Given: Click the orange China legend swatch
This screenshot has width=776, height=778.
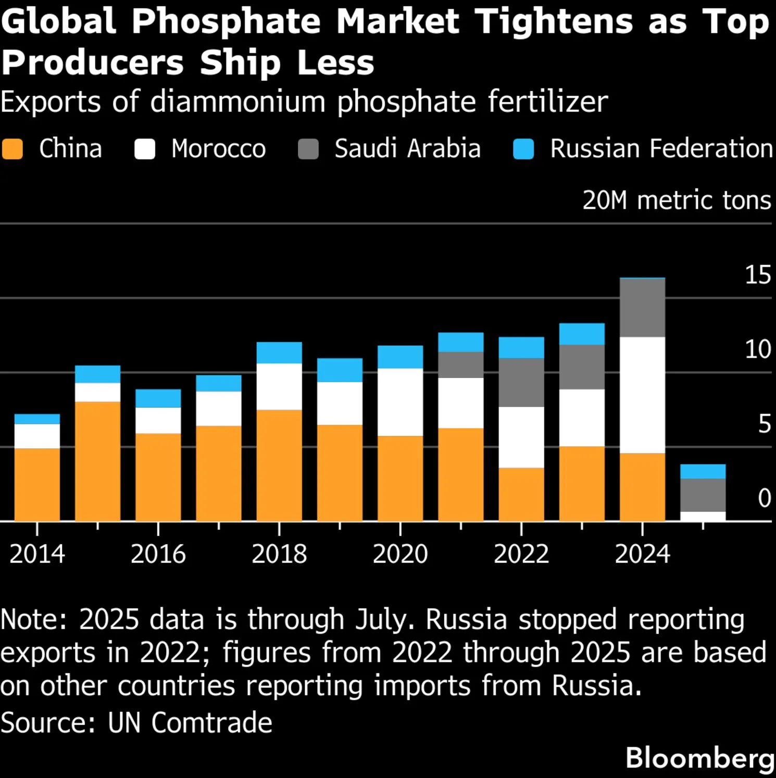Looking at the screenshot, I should pos(12,149).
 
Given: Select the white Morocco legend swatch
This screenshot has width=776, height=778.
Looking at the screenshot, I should pos(145,149).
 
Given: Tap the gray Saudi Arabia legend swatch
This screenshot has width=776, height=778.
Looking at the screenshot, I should pos(308,149).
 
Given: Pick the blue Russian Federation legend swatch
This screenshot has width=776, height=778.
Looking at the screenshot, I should pos(523,149).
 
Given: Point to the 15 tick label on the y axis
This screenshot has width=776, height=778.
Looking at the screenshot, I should pos(757,275).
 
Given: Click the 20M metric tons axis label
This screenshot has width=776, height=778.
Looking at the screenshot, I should pos(677,200).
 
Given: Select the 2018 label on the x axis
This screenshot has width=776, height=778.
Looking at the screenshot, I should pos(279,554).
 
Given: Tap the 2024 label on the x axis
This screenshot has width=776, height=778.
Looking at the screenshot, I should pos(642,554).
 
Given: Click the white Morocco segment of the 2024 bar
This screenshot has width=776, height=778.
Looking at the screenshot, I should pos(642,395).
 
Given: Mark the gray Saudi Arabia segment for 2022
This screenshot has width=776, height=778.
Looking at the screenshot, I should pos(521,382).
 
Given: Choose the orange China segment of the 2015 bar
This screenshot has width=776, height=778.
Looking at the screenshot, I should pos(97,461).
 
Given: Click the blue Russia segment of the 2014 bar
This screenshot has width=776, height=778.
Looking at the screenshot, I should pos(37,419).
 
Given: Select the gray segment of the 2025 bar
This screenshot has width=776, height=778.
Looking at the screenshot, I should pos(703,495).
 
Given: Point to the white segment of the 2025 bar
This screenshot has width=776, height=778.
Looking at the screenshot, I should pos(703,517).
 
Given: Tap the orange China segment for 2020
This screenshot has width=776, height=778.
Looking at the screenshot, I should pos(400,478).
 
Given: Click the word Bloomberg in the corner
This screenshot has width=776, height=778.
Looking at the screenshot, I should pos(700,758).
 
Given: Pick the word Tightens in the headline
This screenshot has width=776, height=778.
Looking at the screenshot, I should pos(554,22).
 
